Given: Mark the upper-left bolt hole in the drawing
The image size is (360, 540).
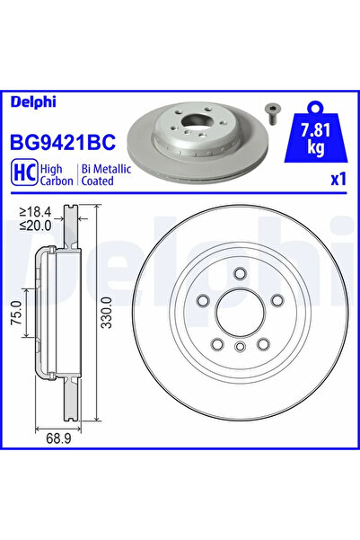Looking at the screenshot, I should [203, 301].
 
